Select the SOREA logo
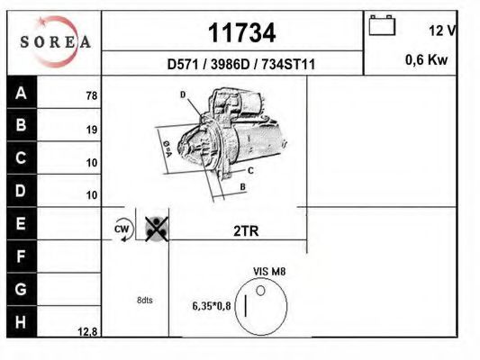click(55, 41)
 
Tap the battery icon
click(383, 26)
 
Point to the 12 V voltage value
click(441, 31)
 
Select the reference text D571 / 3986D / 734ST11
click(240, 65)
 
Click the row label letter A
click(21, 93)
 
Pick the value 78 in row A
click(91, 95)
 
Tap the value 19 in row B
click(91, 129)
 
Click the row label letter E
click(21, 222)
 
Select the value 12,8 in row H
click(87, 331)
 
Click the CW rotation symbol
click(122, 229)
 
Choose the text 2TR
click(246, 230)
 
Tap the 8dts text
click(144, 301)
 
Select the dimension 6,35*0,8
click(211, 305)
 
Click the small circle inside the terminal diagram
click(261, 291)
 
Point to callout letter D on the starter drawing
click(182, 94)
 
